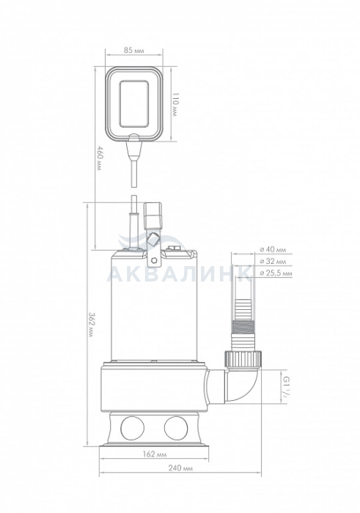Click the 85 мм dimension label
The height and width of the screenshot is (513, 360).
click(134, 51)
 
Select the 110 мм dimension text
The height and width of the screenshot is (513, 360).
click(176, 105)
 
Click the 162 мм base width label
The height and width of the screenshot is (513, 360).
click(155, 454)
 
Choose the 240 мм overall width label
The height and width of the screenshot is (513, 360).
click(180, 468)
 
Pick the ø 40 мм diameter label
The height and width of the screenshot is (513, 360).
click(273, 250)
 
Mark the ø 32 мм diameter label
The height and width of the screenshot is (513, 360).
click(273, 262)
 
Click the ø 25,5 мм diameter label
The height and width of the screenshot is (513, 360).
click(276, 273)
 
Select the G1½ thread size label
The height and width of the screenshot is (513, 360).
click(287, 387)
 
